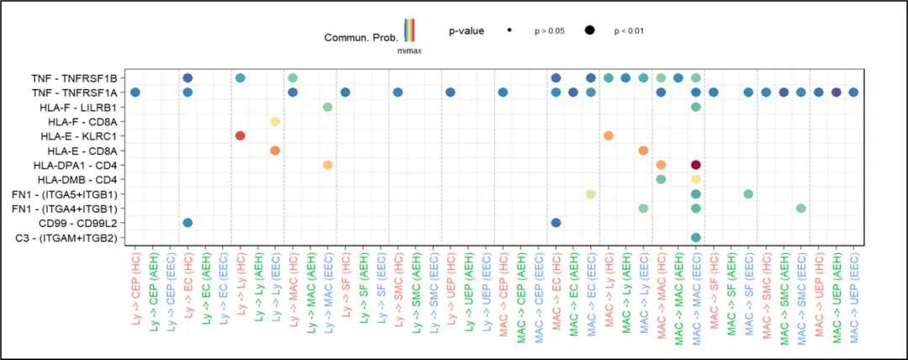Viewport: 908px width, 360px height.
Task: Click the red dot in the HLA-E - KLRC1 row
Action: [240, 135]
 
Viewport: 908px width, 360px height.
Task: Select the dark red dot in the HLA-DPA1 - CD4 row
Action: [696, 165]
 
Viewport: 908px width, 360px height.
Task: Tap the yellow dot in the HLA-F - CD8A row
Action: [275, 121]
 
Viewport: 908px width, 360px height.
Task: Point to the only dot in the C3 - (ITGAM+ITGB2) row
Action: [696, 238]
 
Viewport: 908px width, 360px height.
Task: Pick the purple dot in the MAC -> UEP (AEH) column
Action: [836, 92]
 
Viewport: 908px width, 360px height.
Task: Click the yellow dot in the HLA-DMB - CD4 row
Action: [696, 179]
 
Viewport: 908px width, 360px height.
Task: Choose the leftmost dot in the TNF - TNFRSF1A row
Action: [135, 92]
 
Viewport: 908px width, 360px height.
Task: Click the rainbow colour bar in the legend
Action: [409, 30]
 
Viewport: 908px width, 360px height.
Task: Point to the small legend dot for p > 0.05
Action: [510, 31]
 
